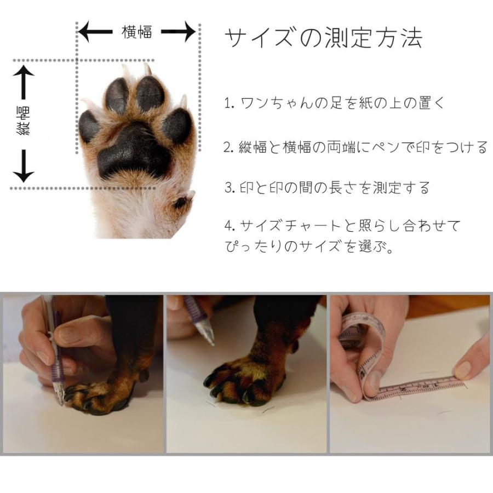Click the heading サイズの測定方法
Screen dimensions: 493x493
pyautogui.click(x=323, y=38)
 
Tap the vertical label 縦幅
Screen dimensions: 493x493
pyautogui.click(x=24, y=122)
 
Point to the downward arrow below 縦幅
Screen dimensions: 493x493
pyautogui.click(x=24, y=165)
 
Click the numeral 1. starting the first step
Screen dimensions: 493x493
pyautogui.click(x=229, y=103)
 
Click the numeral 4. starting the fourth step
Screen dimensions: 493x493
pyautogui.click(x=229, y=226)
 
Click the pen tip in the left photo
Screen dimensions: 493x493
pyautogui.click(x=60, y=399)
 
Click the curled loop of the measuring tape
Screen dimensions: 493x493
pyautogui.click(x=362, y=334)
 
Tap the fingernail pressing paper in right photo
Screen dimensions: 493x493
pyautogui.click(x=463, y=370)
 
